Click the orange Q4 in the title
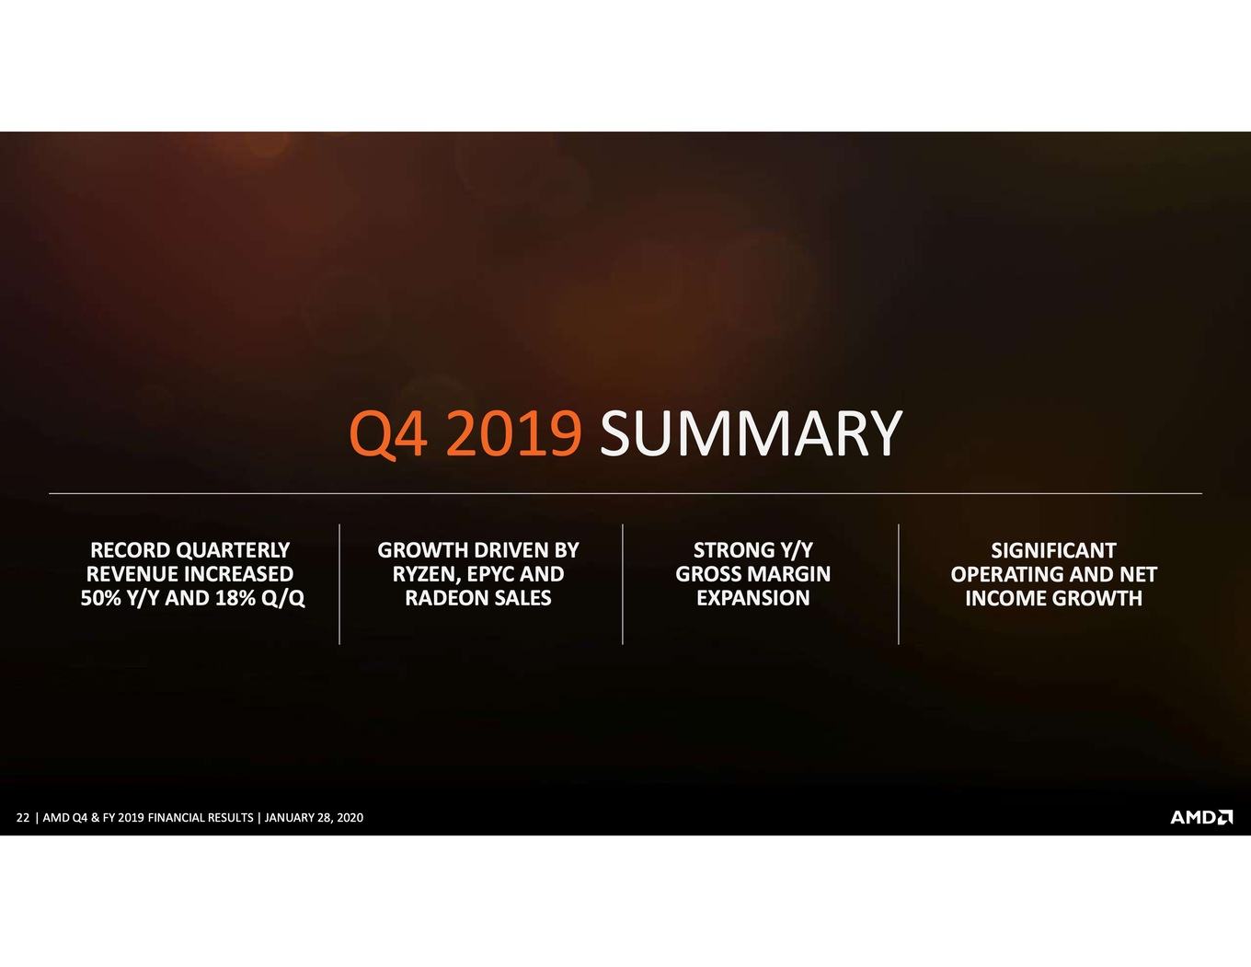[388, 434]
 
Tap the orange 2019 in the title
[513, 433]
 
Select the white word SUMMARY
[751, 433]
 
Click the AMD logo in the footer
[1201, 817]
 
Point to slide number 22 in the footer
[23, 817]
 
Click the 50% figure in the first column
[99, 598]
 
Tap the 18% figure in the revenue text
[235, 598]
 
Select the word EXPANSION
[753, 598]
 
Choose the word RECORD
[130, 550]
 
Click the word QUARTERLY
[233, 550]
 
